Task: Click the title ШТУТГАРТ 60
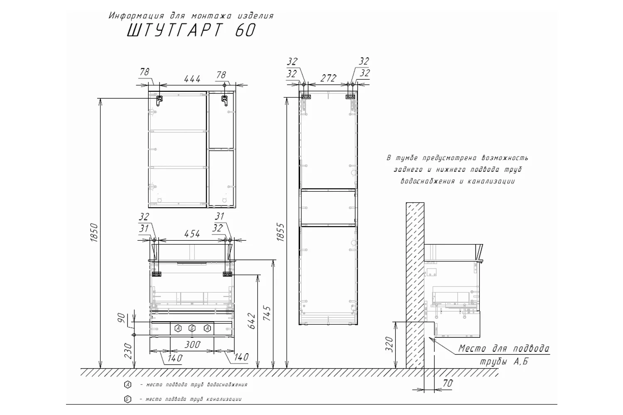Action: [x=191, y=30]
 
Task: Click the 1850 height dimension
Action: [x=94, y=232]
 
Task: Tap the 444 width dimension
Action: [x=192, y=79]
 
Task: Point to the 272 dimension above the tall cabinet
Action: [x=329, y=78]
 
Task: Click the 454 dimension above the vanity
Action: [x=192, y=234]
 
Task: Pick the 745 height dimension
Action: [x=267, y=313]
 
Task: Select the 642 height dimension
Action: [x=251, y=321]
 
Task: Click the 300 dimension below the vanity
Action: [x=192, y=345]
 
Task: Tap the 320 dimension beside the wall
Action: [x=390, y=344]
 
